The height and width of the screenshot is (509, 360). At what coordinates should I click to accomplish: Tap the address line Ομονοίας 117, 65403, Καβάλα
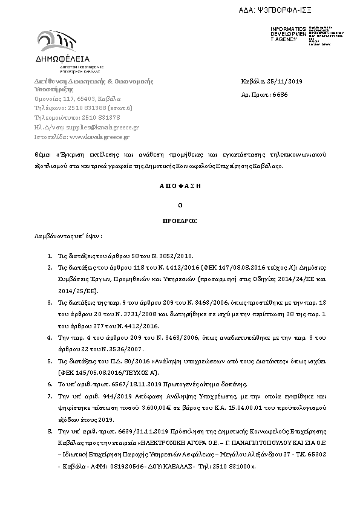[77, 99]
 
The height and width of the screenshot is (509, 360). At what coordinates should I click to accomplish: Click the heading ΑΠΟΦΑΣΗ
[180, 187]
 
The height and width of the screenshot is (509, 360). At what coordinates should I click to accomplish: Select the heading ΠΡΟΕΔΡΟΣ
[180, 221]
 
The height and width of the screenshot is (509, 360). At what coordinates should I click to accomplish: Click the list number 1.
[49, 256]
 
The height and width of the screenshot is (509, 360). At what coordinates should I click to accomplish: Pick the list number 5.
[49, 360]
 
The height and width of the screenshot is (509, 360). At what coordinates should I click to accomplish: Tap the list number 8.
[49, 433]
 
